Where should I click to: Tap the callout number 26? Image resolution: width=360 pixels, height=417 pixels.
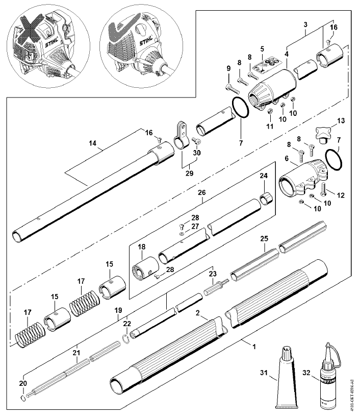point(202,193)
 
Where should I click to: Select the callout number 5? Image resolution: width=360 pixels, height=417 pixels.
point(262,50)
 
